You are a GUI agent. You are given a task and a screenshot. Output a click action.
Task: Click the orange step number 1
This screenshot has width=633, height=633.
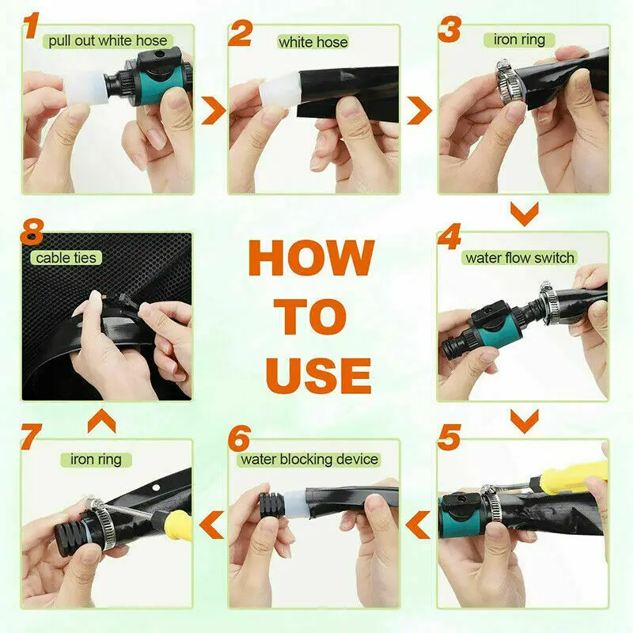point(32,25)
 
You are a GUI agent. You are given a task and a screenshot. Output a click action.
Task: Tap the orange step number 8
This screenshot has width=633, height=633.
point(32,232)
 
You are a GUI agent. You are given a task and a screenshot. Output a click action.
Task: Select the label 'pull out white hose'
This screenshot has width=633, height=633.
point(108,41)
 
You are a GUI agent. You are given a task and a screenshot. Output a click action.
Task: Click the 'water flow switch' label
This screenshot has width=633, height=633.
point(520,258)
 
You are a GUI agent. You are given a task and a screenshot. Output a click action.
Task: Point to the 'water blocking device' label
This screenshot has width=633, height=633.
point(309,460)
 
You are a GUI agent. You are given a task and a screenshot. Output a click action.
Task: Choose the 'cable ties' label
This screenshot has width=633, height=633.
point(66,258)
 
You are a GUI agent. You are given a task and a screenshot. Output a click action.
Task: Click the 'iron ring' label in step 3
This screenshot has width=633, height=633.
point(519,40)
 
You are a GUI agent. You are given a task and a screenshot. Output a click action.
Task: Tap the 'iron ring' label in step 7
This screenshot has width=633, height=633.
point(96,460)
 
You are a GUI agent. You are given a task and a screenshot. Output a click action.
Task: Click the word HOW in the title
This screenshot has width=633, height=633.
point(312,258)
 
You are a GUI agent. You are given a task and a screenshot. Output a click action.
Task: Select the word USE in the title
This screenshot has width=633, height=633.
point(318,376)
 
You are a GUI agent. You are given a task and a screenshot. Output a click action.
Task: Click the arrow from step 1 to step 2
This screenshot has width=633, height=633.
point(213,110)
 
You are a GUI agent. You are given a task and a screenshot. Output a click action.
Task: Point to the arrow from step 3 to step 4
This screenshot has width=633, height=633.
point(525,214)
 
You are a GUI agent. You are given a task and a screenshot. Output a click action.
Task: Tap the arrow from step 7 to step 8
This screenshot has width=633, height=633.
point(102,421)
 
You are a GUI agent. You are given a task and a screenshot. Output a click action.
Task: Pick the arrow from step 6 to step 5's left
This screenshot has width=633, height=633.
point(419,525)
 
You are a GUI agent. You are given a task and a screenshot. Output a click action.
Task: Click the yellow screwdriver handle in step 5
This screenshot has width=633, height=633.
point(571,474)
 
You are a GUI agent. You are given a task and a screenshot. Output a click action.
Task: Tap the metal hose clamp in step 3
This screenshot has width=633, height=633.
point(510,82)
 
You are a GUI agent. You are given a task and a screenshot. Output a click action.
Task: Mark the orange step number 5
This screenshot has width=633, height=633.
point(449,438)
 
